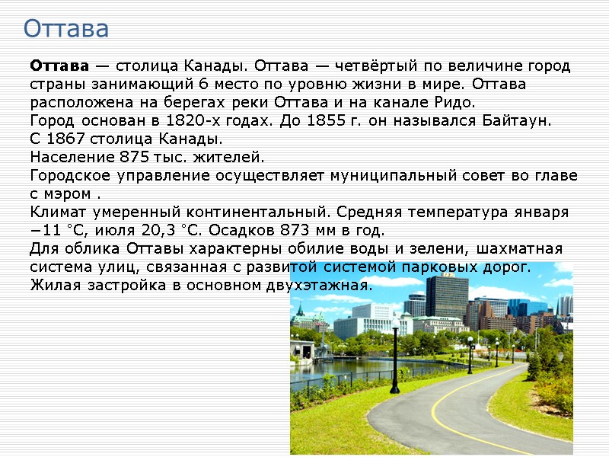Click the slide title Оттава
click(66, 29)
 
